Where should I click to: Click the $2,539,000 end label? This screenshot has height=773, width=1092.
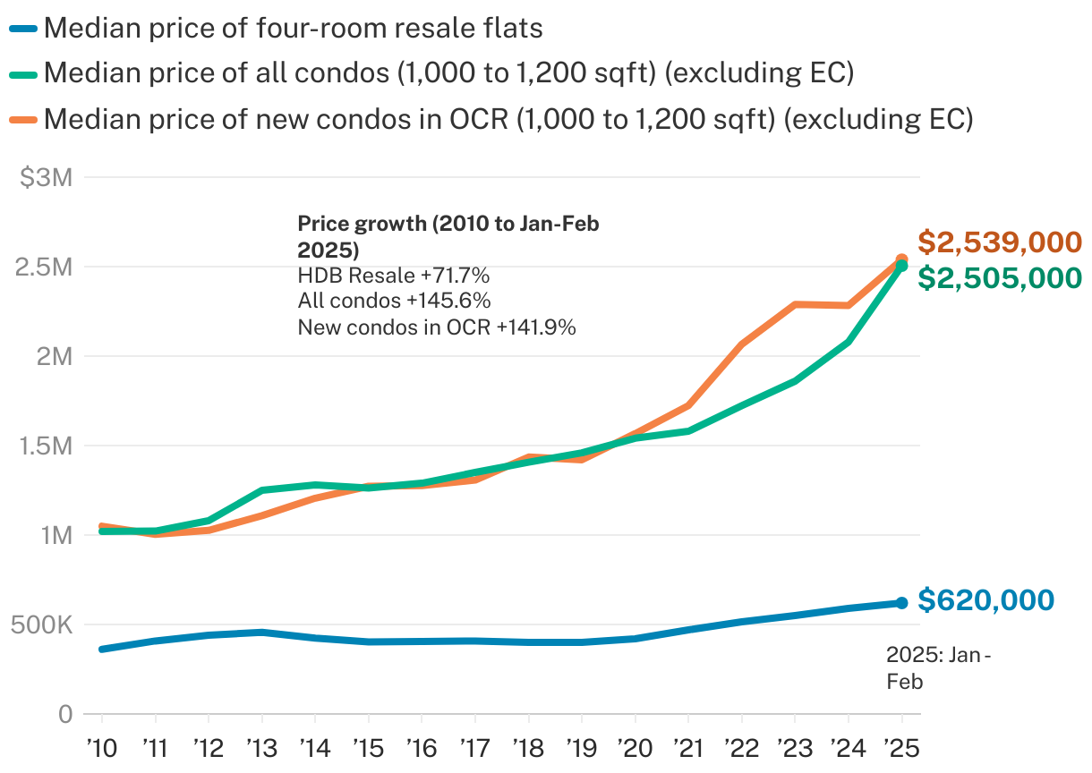tap(1000, 242)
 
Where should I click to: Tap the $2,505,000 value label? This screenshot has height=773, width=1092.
tap(1000, 278)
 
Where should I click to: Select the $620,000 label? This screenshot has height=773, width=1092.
tap(985, 600)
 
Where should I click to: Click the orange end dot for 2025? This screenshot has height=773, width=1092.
tap(901, 260)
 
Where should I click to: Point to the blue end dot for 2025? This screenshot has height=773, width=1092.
tap(901, 603)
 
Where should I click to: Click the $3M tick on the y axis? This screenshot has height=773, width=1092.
tap(46, 178)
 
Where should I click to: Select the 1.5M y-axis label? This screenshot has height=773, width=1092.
tap(44, 446)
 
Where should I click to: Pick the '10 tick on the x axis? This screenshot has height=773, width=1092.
tap(101, 746)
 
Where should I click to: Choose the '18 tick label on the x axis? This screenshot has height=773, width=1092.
tap(528, 746)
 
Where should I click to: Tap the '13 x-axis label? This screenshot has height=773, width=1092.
tap(261, 746)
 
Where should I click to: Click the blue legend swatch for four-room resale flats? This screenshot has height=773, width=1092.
tap(23, 29)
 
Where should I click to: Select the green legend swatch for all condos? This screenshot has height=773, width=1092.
tap(23, 73)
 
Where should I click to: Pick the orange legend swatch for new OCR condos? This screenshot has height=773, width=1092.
tap(23, 118)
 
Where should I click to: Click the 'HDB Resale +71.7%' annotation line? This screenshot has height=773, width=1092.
tap(393, 275)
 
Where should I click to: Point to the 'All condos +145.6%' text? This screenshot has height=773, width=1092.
tap(394, 301)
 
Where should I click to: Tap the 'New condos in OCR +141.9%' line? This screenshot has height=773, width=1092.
tap(436, 327)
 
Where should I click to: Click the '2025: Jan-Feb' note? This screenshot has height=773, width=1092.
tap(937, 668)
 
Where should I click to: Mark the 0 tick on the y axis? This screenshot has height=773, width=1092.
tap(65, 714)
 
